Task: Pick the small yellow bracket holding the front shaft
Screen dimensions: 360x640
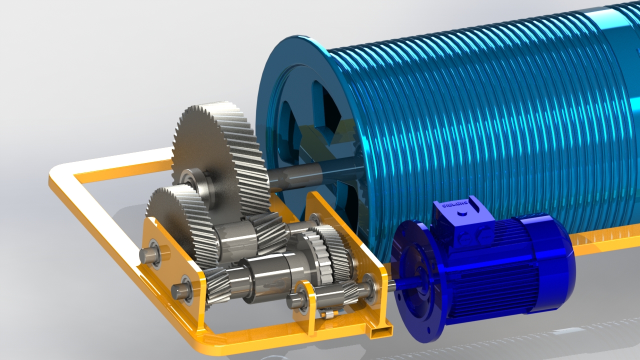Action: tap(306, 305)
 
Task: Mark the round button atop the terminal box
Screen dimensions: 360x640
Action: tap(461, 212)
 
